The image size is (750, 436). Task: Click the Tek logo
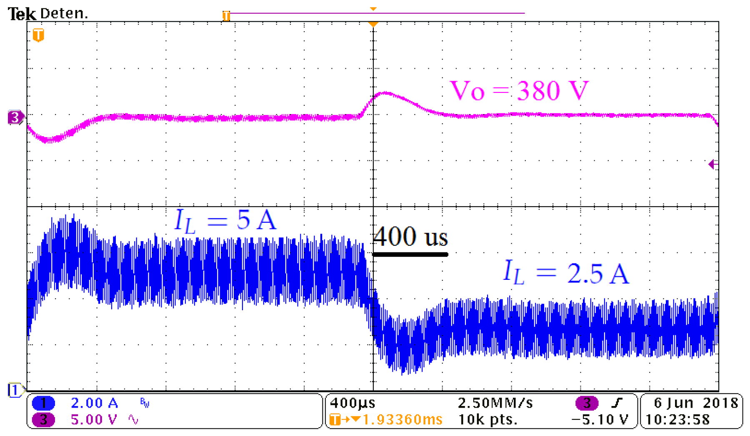pyautogui.click(x=22, y=14)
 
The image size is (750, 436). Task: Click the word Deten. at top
pyautogui.click(x=64, y=13)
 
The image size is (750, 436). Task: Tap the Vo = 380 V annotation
pyautogui.click(x=519, y=90)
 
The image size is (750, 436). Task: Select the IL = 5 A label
pyautogui.click(x=225, y=220)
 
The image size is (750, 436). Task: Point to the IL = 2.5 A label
pyautogui.click(x=566, y=273)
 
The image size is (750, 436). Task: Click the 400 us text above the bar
pyautogui.click(x=410, y=237)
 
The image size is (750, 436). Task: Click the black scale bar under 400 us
pyautogui.click(x=410, y=254)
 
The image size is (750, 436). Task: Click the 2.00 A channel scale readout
pyautogui.click(x=94, y=403)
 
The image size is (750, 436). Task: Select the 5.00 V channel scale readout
pyautogui.click(x=94, y=419)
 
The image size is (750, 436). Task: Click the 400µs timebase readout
pyautogui.click(x=352, y=403)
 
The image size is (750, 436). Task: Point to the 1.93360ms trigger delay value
pyautogui.click(x=402, y=419)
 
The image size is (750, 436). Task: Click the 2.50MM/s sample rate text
pyautogui.click(x=495, y=403)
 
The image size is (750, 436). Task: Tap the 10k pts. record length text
pyautogui.click(x=487, y=419)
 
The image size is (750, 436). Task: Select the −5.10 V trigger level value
pyautogui.click(x=600, y=419)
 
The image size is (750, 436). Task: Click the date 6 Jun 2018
pyautogui.click(x=695, y=403)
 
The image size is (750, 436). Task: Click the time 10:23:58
pyautogui.click(x=677, y=419)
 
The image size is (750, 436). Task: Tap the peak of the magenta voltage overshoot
pyautogui.click(x=385, y=93)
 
